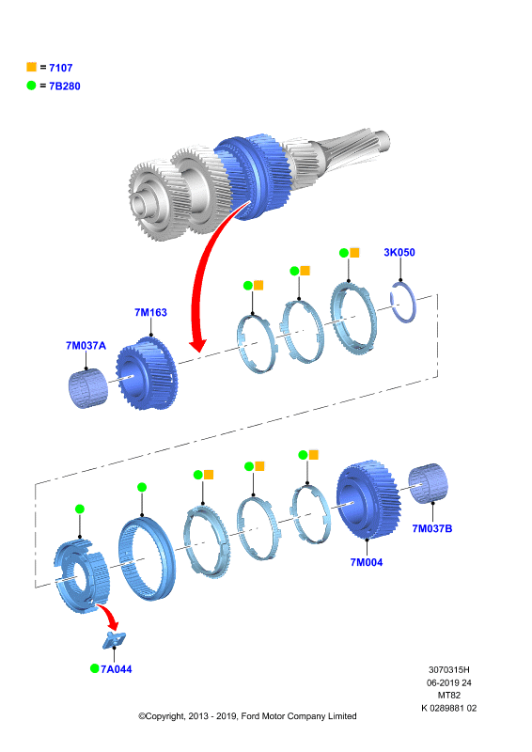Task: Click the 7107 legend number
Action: pos(60,68)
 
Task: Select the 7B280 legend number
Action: pos(64,86)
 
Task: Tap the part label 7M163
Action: pos(150,312)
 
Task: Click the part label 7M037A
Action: pos(86,345)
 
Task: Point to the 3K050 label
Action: pos(399,252)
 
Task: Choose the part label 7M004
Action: pos(367,562)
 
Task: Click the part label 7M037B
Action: pos(432,528)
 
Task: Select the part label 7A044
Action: pos(117,669)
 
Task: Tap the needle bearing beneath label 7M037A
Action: pos(87,388)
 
